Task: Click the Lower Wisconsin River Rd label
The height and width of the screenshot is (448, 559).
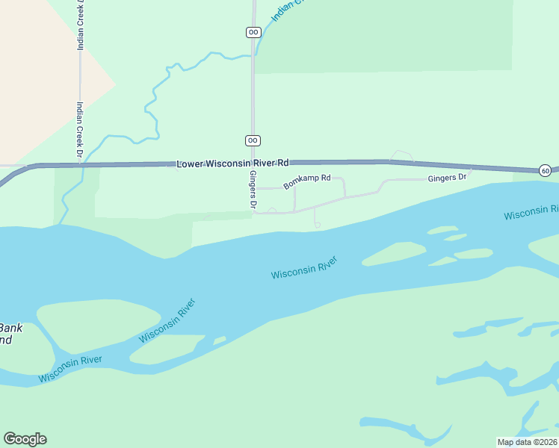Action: tap(232, 163)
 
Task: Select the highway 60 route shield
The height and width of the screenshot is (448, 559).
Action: tap(546, 170)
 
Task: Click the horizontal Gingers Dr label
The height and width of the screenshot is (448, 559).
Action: tap(446, 178)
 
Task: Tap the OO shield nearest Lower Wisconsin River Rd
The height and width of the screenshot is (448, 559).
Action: tap(253, 140)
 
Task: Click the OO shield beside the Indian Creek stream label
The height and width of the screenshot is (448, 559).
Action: tap(253, 31)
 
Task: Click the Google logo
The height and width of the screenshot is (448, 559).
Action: tap(25, 439)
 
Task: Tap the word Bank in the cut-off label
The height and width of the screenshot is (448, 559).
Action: tap(11, 328)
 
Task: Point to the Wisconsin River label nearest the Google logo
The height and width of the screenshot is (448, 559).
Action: tap(70, 368)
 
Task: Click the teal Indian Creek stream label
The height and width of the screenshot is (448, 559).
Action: tap(285, 10)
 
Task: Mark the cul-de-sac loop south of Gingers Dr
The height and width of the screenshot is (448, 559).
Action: tap(317, 224)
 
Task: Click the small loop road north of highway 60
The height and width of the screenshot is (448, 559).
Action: tap(402, 156)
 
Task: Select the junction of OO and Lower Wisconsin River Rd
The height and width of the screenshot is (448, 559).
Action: tap(253, 163)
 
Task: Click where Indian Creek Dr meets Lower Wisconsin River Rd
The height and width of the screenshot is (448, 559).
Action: tap(80, 164)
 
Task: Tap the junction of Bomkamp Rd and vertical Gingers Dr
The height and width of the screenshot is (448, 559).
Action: tap(253, 188)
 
